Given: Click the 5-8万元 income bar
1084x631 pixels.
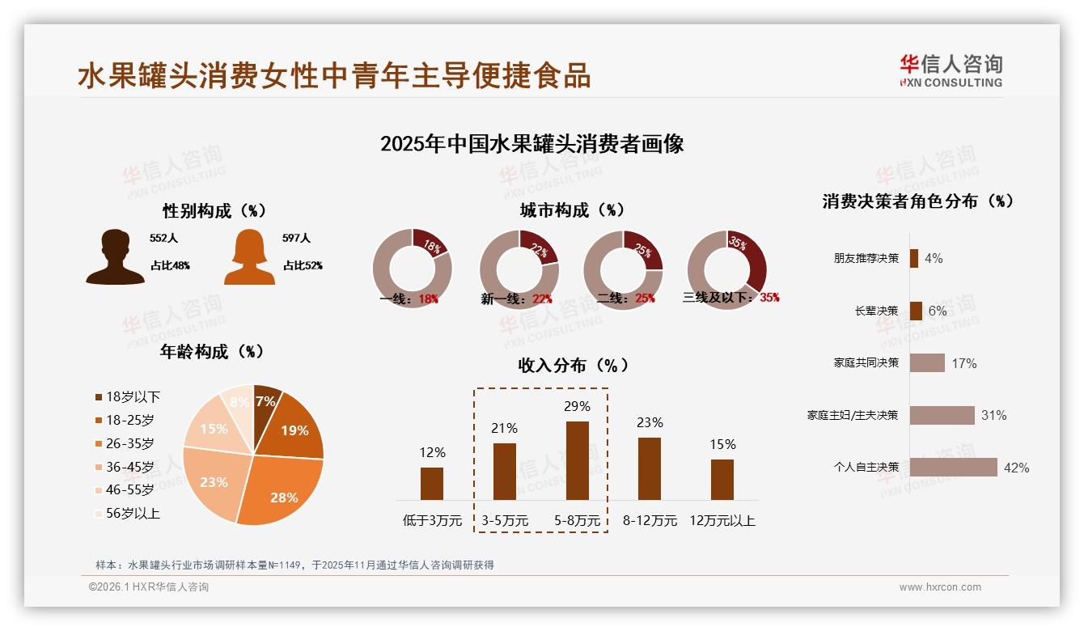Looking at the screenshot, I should (x=577, y=460).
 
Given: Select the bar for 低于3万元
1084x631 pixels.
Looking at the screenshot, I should (x=432, y=483).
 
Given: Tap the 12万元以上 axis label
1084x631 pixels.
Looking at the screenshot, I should (x=722, y=521).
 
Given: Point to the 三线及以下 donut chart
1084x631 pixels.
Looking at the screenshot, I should (x=726, y=269).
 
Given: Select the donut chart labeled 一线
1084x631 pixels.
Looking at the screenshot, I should (x=412, y=269).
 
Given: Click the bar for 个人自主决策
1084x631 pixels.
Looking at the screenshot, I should (x=953, y=468).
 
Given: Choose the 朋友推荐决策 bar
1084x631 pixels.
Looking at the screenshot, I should (x=913, y=258).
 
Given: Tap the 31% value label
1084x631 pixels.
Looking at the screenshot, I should (x=993, y=416).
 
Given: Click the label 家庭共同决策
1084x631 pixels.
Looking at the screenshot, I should (x=866, y=363).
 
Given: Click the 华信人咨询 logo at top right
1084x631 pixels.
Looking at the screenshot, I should (x=951, y=71).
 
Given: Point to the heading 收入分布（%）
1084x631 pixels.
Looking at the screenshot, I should (x=573, y=365).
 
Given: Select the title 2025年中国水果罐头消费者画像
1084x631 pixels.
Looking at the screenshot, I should (x=532, y=144).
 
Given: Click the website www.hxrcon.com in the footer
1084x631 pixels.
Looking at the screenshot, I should (x=940, y=587).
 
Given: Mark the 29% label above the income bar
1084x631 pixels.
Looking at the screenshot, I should (x=577, y=406).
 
